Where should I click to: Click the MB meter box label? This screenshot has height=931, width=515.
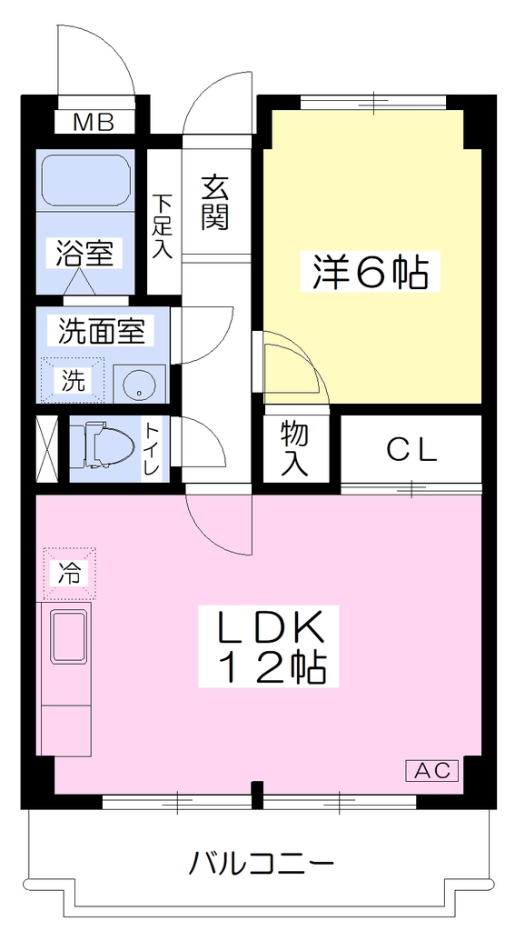pos(94,123)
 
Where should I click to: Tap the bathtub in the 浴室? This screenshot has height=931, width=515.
pos(86,181)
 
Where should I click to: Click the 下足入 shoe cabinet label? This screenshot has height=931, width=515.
pos(163,226)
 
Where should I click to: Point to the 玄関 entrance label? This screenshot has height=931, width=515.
pos(214,204)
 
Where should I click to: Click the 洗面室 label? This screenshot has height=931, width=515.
pos(102,330)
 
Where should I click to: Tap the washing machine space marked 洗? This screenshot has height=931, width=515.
pos(72,379)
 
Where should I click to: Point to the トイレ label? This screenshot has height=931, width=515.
pos(154,447)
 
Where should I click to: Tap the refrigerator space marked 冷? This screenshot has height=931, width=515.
pos(69,573)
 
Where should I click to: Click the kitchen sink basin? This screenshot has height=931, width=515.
pos(69,636)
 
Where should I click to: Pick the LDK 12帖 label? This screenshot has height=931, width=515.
pos(268,646)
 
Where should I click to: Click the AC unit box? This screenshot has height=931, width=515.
pos(432,771)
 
